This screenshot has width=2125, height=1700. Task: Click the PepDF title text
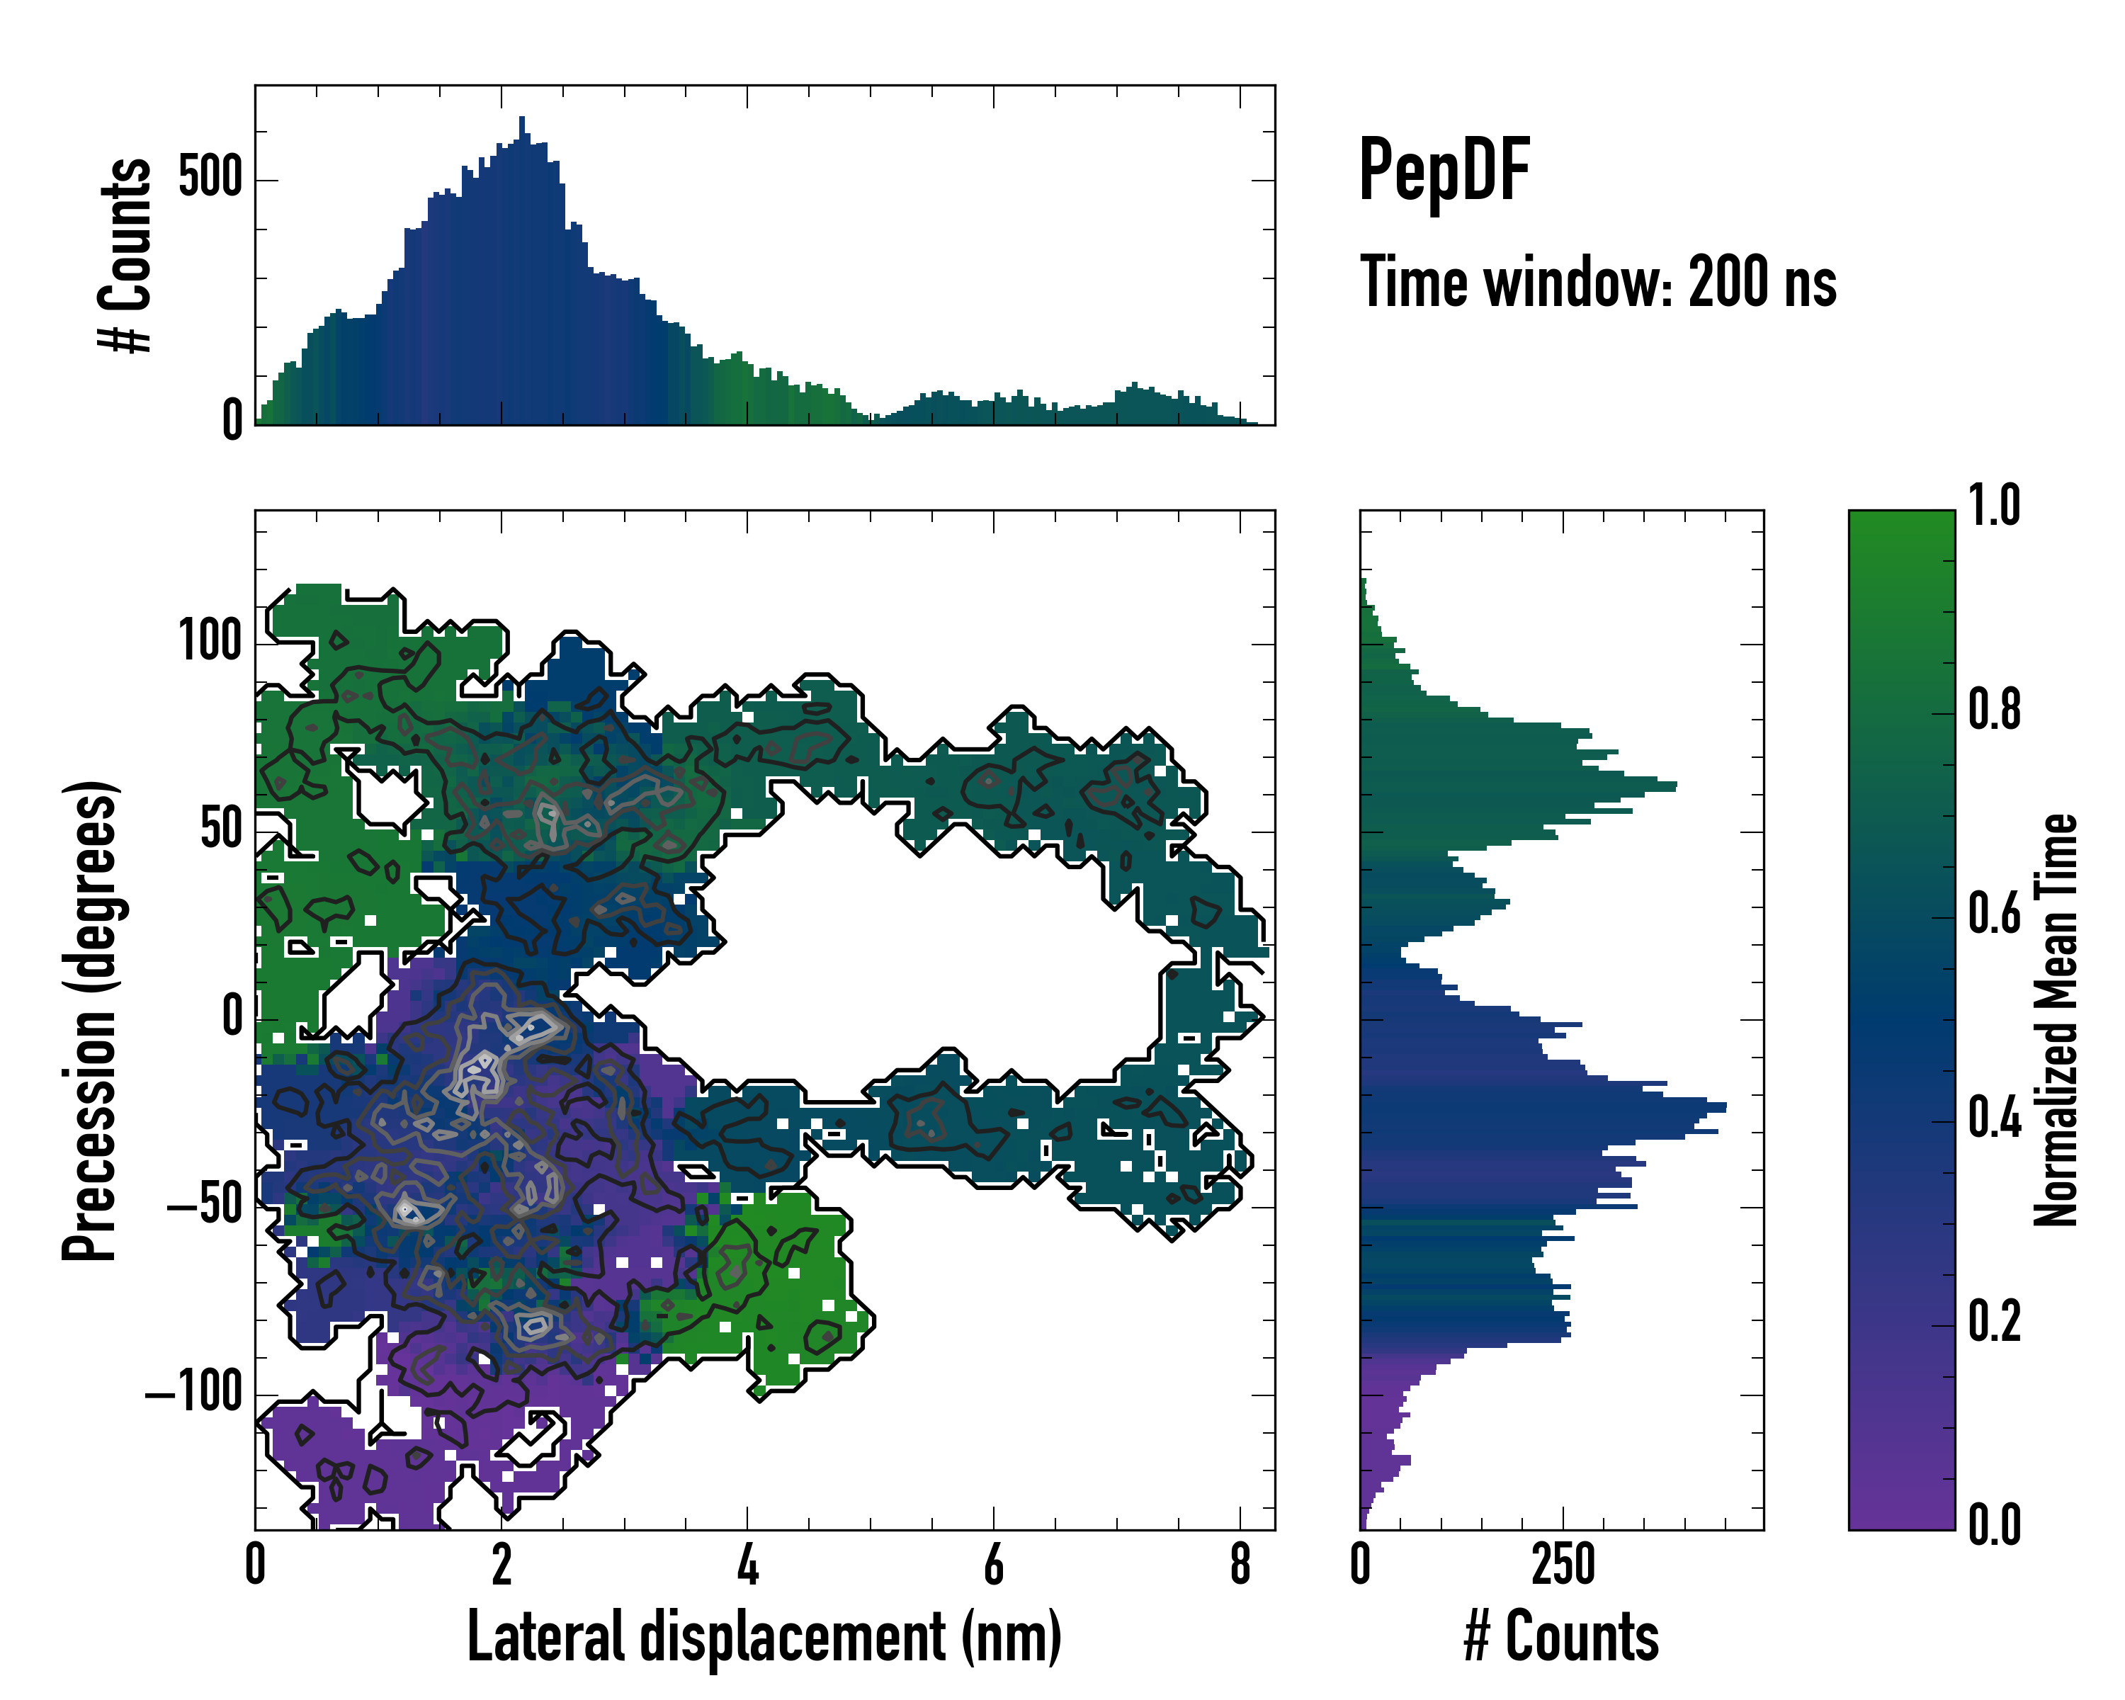pyautogui.click(x=1444, y=171)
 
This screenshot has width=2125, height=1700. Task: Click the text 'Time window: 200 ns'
pyautogui.click(x=1598, y=283)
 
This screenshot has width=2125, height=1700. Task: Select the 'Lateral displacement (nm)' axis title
pyautogui.click(x=764, y=1637)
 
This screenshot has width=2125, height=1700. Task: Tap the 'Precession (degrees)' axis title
pyautogui.click(x=91, y=1020)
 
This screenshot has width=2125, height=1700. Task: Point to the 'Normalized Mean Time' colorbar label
pyautogui.click(x=2056, y=1020)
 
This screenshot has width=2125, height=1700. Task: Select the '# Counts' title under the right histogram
pyautogui.click(x=1561, y=1637)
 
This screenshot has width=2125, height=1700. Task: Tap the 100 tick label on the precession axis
pyautogui.click(x=210, y=642)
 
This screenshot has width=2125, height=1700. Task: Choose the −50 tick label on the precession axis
pyautogui.click(x=204, y=1206)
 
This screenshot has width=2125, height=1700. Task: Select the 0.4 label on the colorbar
pyautogui.click(x=1994, y=1120)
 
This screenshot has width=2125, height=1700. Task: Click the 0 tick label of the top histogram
pyautogui.click(x=232, y=421)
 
